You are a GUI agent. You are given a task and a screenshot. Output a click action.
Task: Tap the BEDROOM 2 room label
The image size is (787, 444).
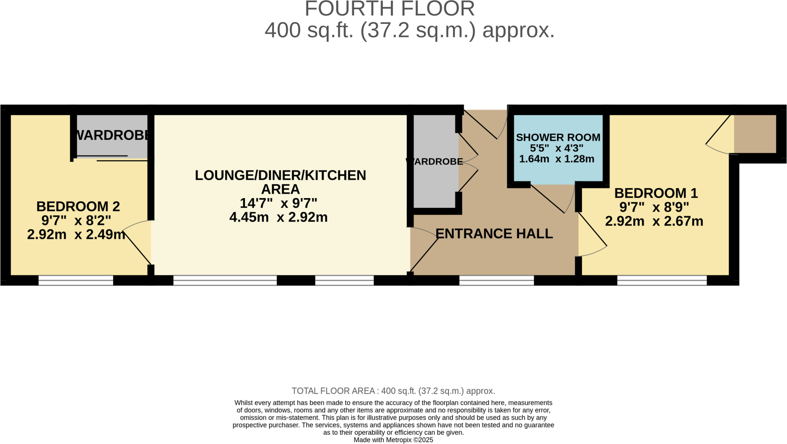[x=78, y=207]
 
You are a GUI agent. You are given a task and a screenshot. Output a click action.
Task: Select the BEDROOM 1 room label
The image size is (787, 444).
[x=656, y=193]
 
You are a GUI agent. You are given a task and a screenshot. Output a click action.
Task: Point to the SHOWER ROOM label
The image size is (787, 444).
[x=558, y=137]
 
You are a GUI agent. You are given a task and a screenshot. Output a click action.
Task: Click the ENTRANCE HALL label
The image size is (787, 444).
[x=494, y=234]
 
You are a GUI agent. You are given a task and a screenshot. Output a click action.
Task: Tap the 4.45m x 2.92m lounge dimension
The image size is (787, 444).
[x=278, y=217]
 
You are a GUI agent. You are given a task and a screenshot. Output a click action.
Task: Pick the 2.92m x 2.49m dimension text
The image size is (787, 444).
[x=76, y=234]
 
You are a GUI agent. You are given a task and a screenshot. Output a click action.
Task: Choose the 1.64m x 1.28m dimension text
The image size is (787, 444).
[x=556, y=159]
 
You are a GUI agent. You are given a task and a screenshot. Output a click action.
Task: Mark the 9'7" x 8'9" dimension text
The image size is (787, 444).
[x=654, y=207]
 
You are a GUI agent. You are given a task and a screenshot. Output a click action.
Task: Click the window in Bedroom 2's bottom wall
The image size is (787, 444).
[x=76, y=280]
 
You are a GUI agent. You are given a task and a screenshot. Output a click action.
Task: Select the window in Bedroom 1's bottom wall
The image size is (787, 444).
[x=662, y=280]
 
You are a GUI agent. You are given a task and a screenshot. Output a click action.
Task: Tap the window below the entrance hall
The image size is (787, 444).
[x=496, y=280]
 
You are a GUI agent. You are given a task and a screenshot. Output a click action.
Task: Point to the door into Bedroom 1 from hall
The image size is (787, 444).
[x=592, y=235]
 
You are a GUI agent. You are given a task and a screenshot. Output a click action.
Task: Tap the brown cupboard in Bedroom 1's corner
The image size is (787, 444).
[x=755, y=134]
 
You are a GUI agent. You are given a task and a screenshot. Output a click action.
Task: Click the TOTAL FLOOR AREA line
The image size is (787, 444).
[x=393, y=391]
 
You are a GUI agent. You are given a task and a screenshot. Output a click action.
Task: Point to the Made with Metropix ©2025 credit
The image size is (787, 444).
[x=393, y=440]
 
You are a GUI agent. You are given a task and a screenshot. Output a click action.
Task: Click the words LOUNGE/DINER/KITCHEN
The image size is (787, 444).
[x=280, y=175]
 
